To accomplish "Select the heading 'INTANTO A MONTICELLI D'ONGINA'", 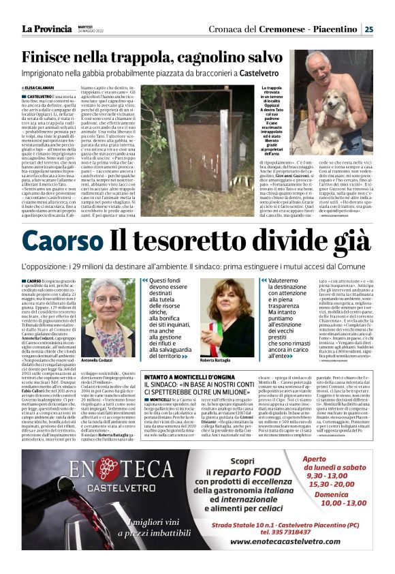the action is pos(190,376).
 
